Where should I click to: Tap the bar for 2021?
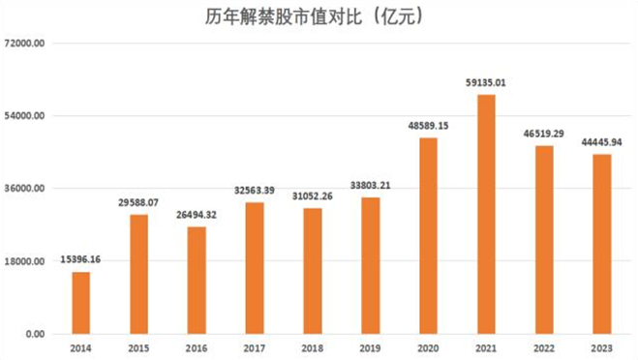click(486, 214)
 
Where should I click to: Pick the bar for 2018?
click(312, 271)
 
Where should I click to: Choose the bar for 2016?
click(197, 281)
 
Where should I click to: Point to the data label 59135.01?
click(486, 83)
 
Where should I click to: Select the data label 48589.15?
click(428, 126)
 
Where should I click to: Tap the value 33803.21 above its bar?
click(370, 186)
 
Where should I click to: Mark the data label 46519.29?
click(544, 135)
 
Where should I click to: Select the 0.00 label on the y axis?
click(33, 335)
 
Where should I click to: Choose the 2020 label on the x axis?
click(428, 348)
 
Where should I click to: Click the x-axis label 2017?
click(255, 348)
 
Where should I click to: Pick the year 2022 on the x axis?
click(544, 348)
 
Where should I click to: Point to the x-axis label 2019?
click(370, 348)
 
